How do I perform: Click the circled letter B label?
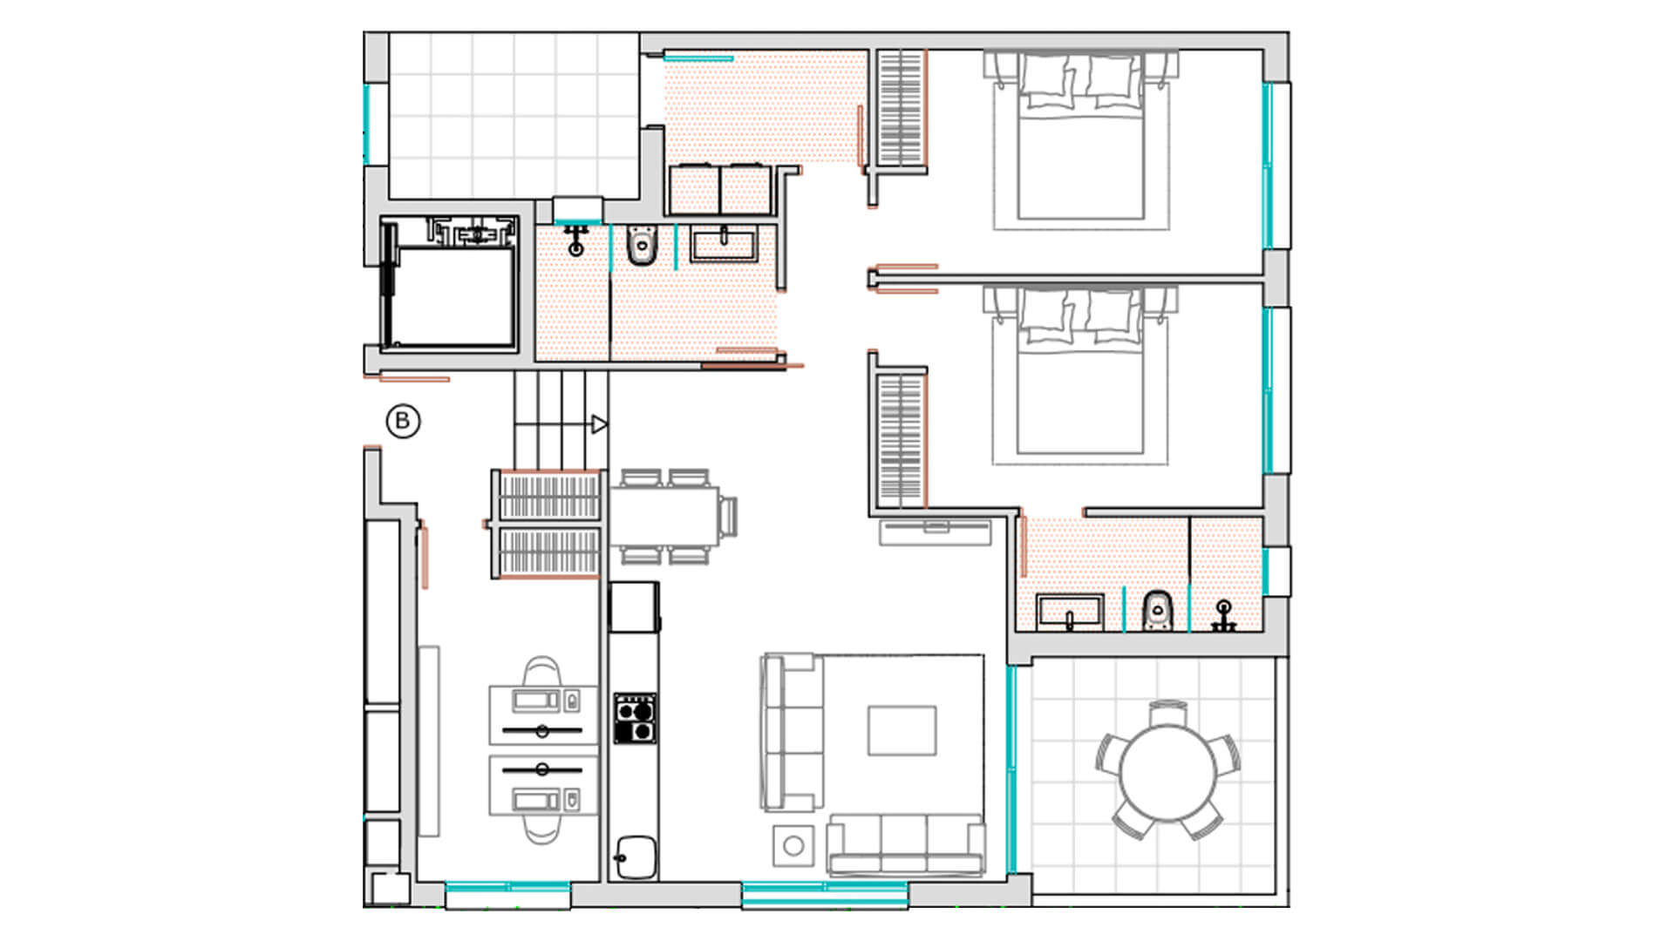[403, 422]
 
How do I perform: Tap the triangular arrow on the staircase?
[599, 424]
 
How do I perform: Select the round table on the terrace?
[1168, 771]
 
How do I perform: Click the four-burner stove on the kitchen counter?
[635, 719]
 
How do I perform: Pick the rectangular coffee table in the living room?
[902, 730]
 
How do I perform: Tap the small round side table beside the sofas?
[793, 845]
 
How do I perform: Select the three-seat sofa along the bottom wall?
[906, 845]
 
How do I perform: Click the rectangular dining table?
[663, 516]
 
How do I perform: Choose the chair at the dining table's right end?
[728, 516]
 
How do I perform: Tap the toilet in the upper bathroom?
[643, 246]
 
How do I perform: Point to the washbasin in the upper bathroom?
[724, 244]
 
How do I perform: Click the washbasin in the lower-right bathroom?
[1071, 613]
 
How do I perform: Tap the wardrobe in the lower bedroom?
[900, 440]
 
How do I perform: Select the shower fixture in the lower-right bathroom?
[1224, 615]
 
